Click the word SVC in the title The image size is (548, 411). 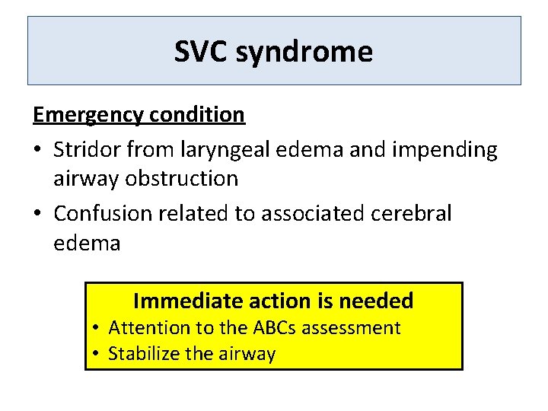[x=200, y=52]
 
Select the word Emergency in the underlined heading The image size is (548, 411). [x=88, y=115]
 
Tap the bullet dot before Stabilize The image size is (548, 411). [x=95, y=354]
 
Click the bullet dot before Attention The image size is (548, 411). [x=95, y=329]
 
